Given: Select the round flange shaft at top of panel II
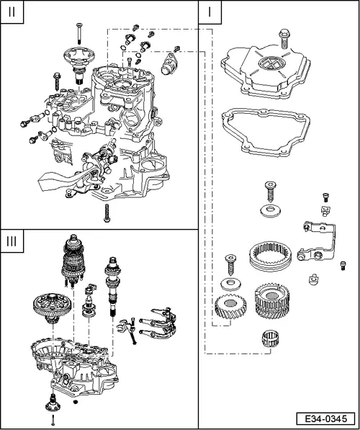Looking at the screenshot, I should (78, 61).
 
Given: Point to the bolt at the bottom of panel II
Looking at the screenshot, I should (107, 211).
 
